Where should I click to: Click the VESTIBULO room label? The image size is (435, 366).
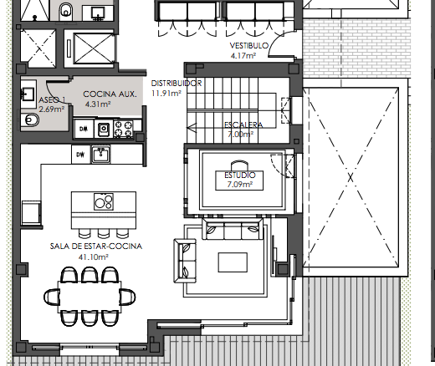pyautogui.click(x=249, y=45)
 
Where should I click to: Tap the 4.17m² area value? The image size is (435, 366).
pyautogui.click(x=243, y=55)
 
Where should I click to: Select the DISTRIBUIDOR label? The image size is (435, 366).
pyautogui.click(x=177, y=84)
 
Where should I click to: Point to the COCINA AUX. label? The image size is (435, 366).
pyautogui.click(x=110, y=94)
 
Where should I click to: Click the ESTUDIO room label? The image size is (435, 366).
pyautogui.click(x=240, y=175)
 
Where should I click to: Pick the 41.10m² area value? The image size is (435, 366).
pyautogui.click(x=94, y=257)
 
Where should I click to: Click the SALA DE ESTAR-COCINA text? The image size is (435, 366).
pyautogui.click(x=96, y=247)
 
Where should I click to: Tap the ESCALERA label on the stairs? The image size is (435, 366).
pyautogui.click(x=243, y=125)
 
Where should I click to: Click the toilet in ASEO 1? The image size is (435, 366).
pyautogui.click(x=30, y=120)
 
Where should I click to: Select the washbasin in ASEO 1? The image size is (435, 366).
pyautogui.click(x=28, y=93)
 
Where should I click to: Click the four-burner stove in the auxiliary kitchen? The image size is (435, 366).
pyautogui.click(x=123, y=129)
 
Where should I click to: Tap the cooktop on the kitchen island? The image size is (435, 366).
pyautogui.click(x=104, y=201)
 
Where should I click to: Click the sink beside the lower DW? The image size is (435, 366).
pyautogui.click(x=101, y=155)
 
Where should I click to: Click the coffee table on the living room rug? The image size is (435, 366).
pyautogui.click(x=233, y=262)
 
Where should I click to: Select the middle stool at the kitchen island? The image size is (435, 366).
pyautogui.click(x=104, y=233)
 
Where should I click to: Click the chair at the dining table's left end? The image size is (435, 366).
pyautogui.click(x=52, y=297)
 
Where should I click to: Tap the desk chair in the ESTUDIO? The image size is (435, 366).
pyautogui.click(x=239, y=165)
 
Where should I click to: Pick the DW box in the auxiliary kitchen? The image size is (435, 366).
pyautogui.click(x=84, y=129)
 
